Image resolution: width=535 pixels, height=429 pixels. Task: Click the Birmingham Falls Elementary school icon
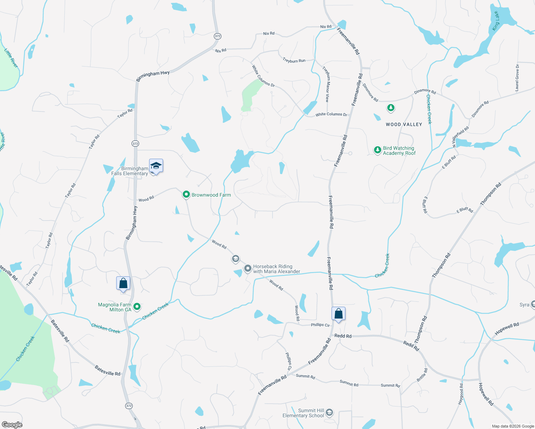pos(156,166)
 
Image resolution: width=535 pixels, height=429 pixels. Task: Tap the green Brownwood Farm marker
pos(186,194)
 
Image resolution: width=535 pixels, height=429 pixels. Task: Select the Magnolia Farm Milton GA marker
pos(137,306)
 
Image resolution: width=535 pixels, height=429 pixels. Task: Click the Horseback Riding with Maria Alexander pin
pos(247,268)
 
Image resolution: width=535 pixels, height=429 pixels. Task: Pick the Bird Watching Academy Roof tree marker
pos(377,150)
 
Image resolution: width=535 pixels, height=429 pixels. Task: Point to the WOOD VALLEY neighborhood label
pos(404,124)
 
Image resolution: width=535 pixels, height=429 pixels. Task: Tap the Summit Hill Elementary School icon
pos(329,413)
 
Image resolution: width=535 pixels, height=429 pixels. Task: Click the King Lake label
pos(496,21)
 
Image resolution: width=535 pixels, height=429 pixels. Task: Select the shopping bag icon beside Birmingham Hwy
pos(123,283)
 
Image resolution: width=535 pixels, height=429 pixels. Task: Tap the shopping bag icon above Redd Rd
pos(338,314)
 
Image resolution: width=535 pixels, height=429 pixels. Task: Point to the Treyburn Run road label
pos(294,61)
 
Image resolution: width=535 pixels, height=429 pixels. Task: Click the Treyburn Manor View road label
pos(326,84)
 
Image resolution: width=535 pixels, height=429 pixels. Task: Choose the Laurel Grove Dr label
pos(517,77)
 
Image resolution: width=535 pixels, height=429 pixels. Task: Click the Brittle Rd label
pos(422,375)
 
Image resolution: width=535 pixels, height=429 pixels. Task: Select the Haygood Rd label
pos(461,394)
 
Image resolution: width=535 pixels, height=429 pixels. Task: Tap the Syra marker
pos(532,305)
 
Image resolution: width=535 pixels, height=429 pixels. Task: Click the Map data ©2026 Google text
pos(513,426)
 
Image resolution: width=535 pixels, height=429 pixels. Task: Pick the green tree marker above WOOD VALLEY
pos(391,108)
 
